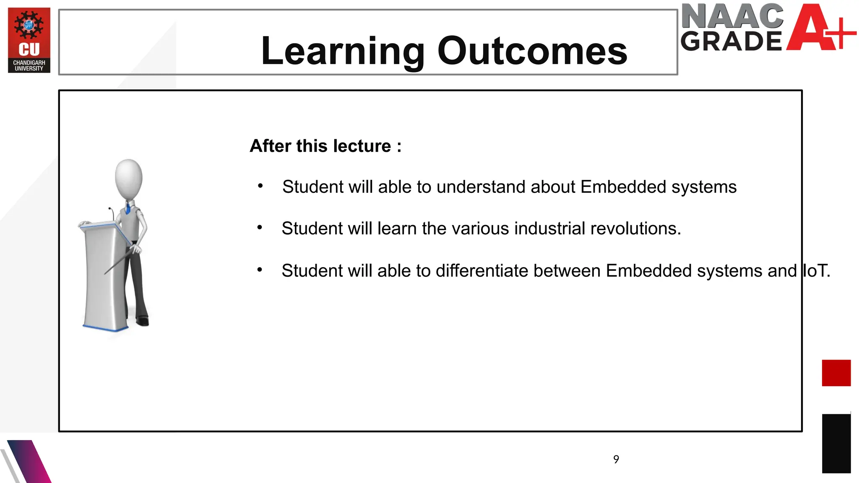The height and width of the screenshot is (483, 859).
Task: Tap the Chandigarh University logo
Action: point(29,40)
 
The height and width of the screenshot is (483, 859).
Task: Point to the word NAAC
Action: point(732,16)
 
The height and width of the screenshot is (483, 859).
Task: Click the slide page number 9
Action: point(616,460)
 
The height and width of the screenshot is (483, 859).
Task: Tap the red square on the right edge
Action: point(836,373)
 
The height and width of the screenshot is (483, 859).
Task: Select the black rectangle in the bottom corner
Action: point(836,444)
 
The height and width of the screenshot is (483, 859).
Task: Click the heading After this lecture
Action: point(325,146)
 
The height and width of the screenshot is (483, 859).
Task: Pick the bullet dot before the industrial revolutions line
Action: point(260,228)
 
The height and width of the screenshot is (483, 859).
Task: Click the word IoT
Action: point(815,271)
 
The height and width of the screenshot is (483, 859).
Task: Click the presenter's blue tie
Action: point(128,208)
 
